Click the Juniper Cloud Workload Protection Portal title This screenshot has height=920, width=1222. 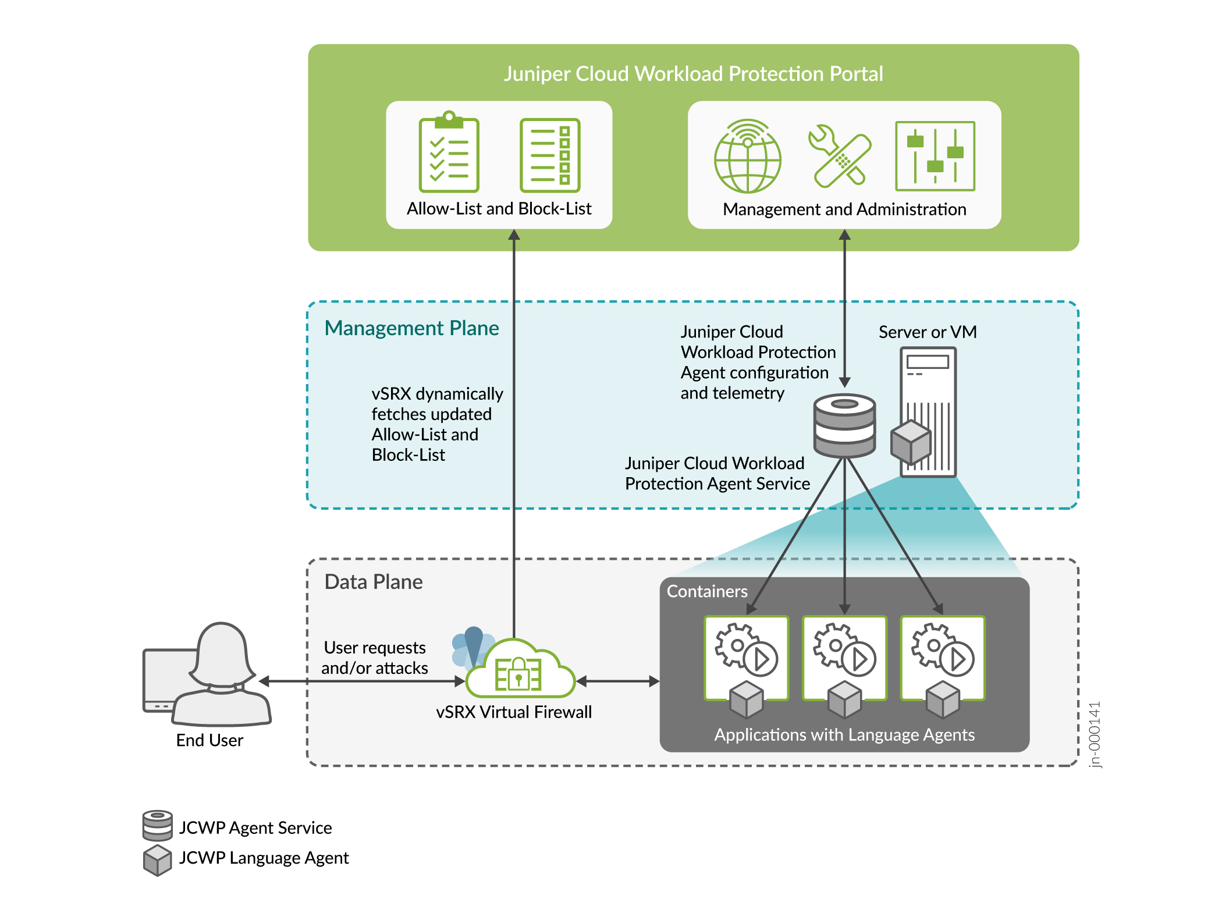coord(693,74)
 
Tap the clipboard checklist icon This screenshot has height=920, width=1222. coord(449,153)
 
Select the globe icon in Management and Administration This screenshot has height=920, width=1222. coord(748,157)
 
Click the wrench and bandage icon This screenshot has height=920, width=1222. coord(840,156)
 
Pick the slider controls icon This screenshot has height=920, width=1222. coord(935,156)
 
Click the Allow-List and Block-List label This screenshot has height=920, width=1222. coord(499,208)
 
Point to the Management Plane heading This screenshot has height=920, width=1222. coord(411,328)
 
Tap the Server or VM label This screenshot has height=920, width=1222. coord(928,332)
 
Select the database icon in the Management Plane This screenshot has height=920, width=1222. coord(845,425)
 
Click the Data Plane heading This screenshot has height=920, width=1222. coord(374,582)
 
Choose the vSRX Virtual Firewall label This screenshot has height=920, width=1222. coord(514,712)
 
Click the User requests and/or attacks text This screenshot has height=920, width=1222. coord(375,658)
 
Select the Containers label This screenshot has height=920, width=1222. coord(707,591)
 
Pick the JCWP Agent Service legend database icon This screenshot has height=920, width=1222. coord(157,825)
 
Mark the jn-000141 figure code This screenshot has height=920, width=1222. coord(1095,734)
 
